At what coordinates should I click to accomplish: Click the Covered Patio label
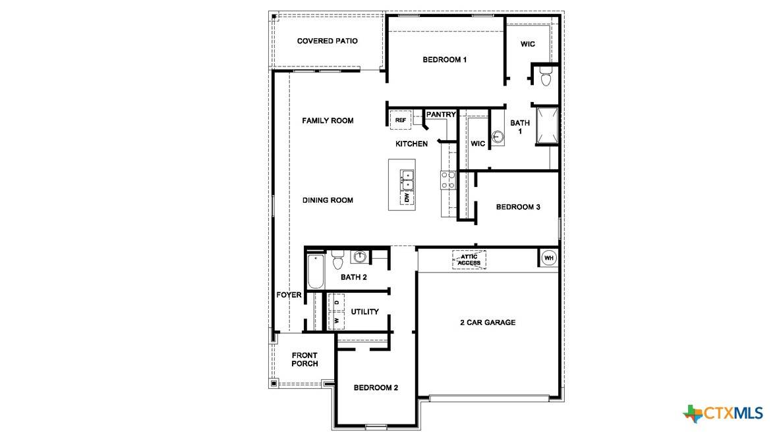327,41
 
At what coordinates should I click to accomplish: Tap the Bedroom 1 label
444,60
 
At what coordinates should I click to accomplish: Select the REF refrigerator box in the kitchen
401,120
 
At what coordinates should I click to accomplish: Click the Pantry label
440,115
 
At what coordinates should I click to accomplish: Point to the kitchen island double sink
407,180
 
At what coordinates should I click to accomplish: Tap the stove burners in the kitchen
448,180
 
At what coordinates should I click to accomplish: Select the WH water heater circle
548,259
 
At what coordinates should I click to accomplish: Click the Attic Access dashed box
469,259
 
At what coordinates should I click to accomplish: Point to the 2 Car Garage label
487,322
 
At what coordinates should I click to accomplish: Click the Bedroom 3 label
518,207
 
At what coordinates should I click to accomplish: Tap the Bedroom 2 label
376,388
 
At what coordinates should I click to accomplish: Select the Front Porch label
304,359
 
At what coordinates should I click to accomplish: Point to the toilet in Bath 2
338,261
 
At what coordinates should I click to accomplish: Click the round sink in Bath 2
360,257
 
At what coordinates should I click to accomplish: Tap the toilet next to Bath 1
545,77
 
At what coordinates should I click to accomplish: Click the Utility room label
364,311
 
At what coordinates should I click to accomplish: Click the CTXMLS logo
723,413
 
